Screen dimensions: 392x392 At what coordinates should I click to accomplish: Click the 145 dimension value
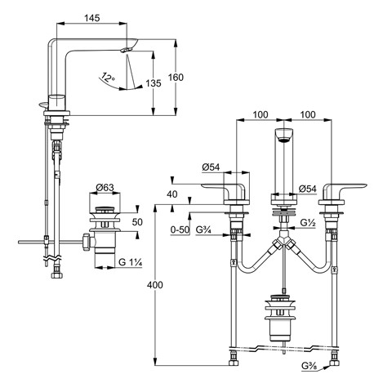click(x=92, y=18)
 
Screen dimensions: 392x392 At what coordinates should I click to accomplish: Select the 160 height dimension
click(x=176, y=78)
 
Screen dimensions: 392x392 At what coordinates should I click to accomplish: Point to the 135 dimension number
click(x=154, y=83)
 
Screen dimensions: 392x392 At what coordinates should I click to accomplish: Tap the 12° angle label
click(x=108, y=77)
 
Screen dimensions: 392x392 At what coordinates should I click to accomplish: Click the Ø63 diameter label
click(x=105, y=188)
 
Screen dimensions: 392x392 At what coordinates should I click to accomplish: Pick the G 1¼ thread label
click(x=131, y=262)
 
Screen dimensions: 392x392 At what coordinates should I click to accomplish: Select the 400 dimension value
click(x=154, y=285)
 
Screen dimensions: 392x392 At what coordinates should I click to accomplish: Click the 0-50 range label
click(x=180, y=229)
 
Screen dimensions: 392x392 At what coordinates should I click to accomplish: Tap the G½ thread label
click(x=308, y=223)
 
